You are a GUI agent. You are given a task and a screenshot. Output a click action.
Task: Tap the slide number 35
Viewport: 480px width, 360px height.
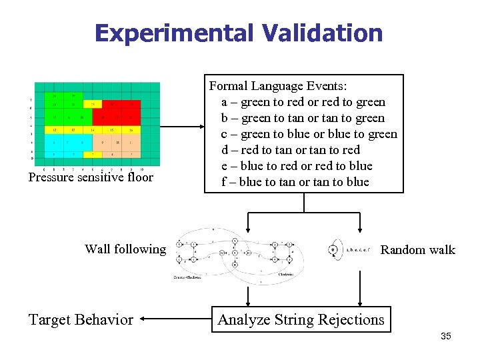pos(445,336)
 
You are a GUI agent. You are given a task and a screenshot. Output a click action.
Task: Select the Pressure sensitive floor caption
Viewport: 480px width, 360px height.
pos(91,177)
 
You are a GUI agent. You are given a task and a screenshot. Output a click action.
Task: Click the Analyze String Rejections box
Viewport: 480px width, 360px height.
pos(301,320)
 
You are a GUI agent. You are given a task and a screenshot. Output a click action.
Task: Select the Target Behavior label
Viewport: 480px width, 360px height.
pos(81,320)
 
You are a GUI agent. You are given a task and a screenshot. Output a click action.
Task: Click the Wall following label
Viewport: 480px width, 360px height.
pos(125,249)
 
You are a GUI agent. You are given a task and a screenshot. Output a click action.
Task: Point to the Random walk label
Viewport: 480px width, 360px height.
pos(417,250)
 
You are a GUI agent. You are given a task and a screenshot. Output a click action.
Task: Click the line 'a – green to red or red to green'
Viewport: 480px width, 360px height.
pos(303,102)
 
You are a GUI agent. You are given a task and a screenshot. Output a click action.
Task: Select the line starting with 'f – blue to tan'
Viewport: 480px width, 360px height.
pos(295,182)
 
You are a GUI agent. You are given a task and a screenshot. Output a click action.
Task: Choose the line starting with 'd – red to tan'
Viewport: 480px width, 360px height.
pos(291,150)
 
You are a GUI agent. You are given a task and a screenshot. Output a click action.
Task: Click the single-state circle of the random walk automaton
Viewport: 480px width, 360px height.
pos(333,250)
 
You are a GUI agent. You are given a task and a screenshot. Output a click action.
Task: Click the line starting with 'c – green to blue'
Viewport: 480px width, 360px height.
pos(309,134)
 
